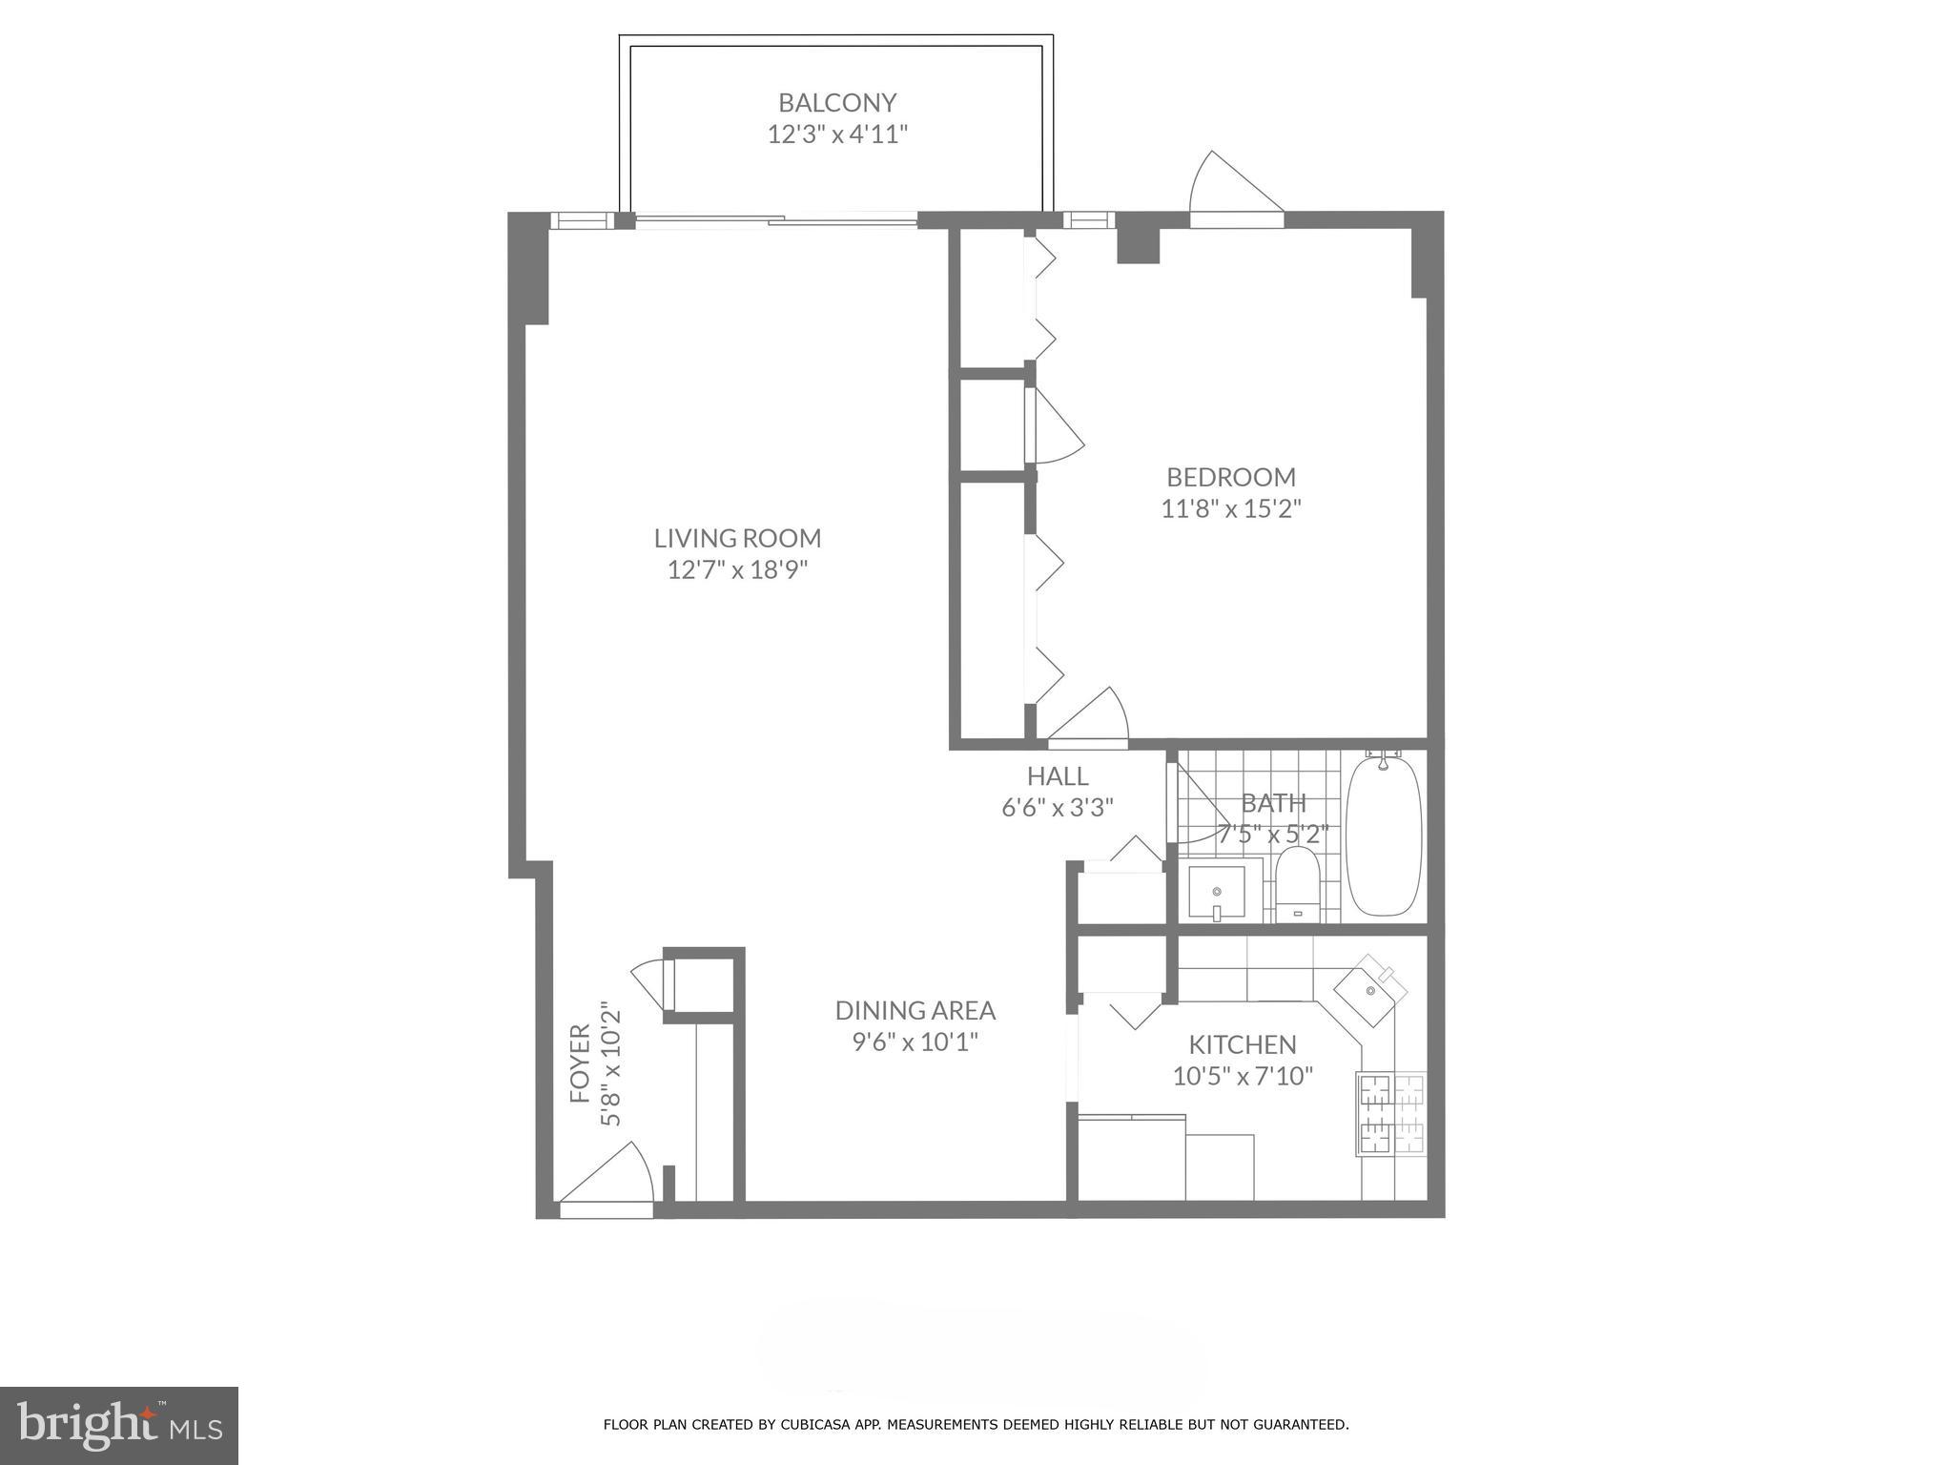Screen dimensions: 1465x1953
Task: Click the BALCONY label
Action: (x=836, y=102)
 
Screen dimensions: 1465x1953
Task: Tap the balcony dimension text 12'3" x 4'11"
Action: (x=836, y=134)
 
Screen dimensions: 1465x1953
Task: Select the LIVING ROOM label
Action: (x=737, y=538)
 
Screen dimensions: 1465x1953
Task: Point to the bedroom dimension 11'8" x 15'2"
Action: (x=1230, y=508)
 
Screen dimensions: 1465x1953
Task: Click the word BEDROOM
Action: (x=1230, y=477)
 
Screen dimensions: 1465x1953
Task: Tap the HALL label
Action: (x=1057, y=775)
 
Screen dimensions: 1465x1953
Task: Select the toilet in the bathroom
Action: (x=1296, y=885)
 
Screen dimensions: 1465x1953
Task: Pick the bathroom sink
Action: (x=1218, y=892)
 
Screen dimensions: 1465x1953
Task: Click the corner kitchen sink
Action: (x=1370, y=992)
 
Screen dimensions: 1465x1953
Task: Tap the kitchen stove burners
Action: (x=1391, y=1114)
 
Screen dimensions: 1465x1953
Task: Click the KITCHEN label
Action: (x=1242, y=1044)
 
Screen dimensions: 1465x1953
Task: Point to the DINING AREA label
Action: (x=915, y=1010)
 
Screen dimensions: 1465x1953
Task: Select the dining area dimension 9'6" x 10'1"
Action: (x=915, y=1042)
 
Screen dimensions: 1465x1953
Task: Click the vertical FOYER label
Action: (x=580, y=1063)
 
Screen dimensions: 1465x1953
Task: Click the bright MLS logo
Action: (x=118, y=1425)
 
